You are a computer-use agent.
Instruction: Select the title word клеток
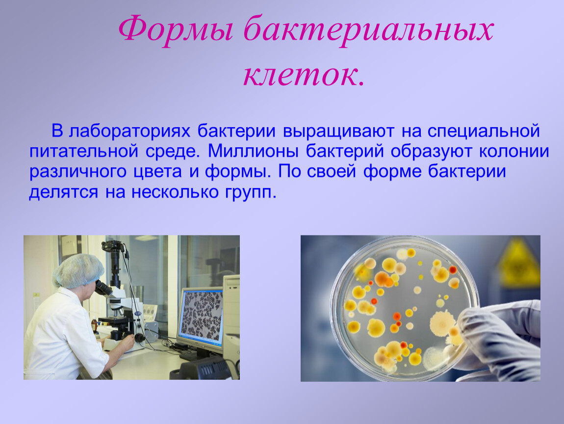pos(304,75)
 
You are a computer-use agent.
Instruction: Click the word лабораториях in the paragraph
pos(129,132)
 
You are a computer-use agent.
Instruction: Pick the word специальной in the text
pos(484,132)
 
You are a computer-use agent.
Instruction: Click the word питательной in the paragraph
pos(84,152)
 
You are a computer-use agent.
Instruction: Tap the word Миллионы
pos(253,152)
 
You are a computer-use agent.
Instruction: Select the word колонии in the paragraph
pos(514,152)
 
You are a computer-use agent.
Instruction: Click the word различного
pos(77,172)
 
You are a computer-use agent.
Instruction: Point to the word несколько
pos(175,192)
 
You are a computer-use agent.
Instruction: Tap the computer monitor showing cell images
pos(201,317)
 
